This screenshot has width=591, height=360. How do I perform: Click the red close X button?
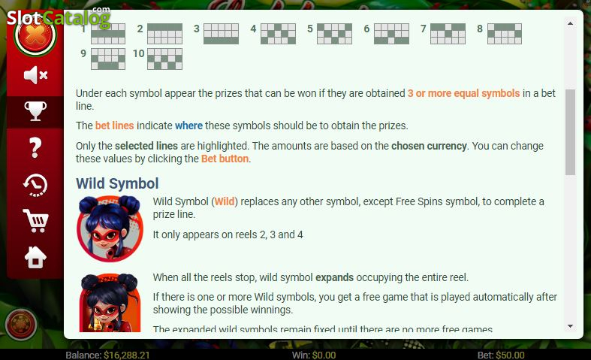coord(35,35)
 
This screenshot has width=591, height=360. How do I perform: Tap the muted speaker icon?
coord(35,75)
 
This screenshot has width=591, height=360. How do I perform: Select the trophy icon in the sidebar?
coord(35,111)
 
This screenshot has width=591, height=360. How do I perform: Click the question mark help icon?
coord(35,147)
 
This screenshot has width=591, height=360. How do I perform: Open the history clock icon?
coord(35,186)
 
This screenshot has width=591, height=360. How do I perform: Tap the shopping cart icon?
coord(35,221)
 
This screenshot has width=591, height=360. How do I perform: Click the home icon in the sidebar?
coord(35,257)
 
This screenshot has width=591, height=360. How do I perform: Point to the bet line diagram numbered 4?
coord(278,34)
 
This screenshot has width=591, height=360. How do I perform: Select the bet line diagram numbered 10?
coord(164,59)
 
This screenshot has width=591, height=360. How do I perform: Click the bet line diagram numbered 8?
coord(505,34)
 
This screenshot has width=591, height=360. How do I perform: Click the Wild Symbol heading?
coord(117,184)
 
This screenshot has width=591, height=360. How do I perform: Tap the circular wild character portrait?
coord(110,228)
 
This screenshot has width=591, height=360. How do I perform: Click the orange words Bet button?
coord(225,159)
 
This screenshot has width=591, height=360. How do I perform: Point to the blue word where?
coord(188,126)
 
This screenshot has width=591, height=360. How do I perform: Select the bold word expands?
coord(334,278)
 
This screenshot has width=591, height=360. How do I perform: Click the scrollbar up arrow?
coord(570,23)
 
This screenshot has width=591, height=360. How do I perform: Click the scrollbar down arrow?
coord(570,326)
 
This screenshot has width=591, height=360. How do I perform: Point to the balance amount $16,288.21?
coord(127,355)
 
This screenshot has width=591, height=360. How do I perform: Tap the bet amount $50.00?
coord(510,355)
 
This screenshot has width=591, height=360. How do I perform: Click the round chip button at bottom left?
coord(21,324)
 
